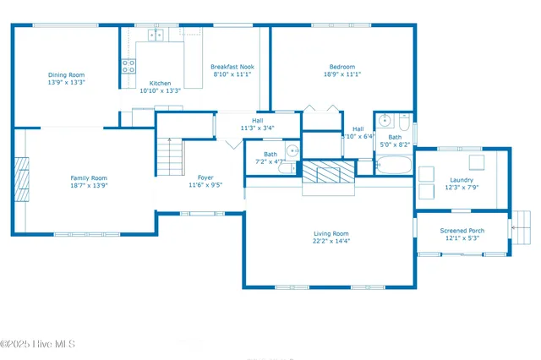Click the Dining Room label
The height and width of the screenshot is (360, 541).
[x=66, y=74]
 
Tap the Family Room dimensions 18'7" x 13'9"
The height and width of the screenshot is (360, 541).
[x=89, y=185]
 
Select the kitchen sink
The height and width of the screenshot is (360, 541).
[x=156, y=35]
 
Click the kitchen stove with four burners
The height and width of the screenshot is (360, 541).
[x=128, y=67]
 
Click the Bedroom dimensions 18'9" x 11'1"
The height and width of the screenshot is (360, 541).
[x=342, y=74]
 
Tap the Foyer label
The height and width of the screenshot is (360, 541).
[x=204, y=177]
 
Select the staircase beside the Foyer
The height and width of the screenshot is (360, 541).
[x=170, y=155]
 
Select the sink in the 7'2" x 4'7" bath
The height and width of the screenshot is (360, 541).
[x=292, y=151]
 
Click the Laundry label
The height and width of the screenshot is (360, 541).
[x=462, y=180]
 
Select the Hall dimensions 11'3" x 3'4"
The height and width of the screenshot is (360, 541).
[x=257, y=128]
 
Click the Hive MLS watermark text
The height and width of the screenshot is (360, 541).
[x=38, y=344]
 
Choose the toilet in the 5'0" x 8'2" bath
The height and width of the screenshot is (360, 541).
[x=405, y=128]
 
